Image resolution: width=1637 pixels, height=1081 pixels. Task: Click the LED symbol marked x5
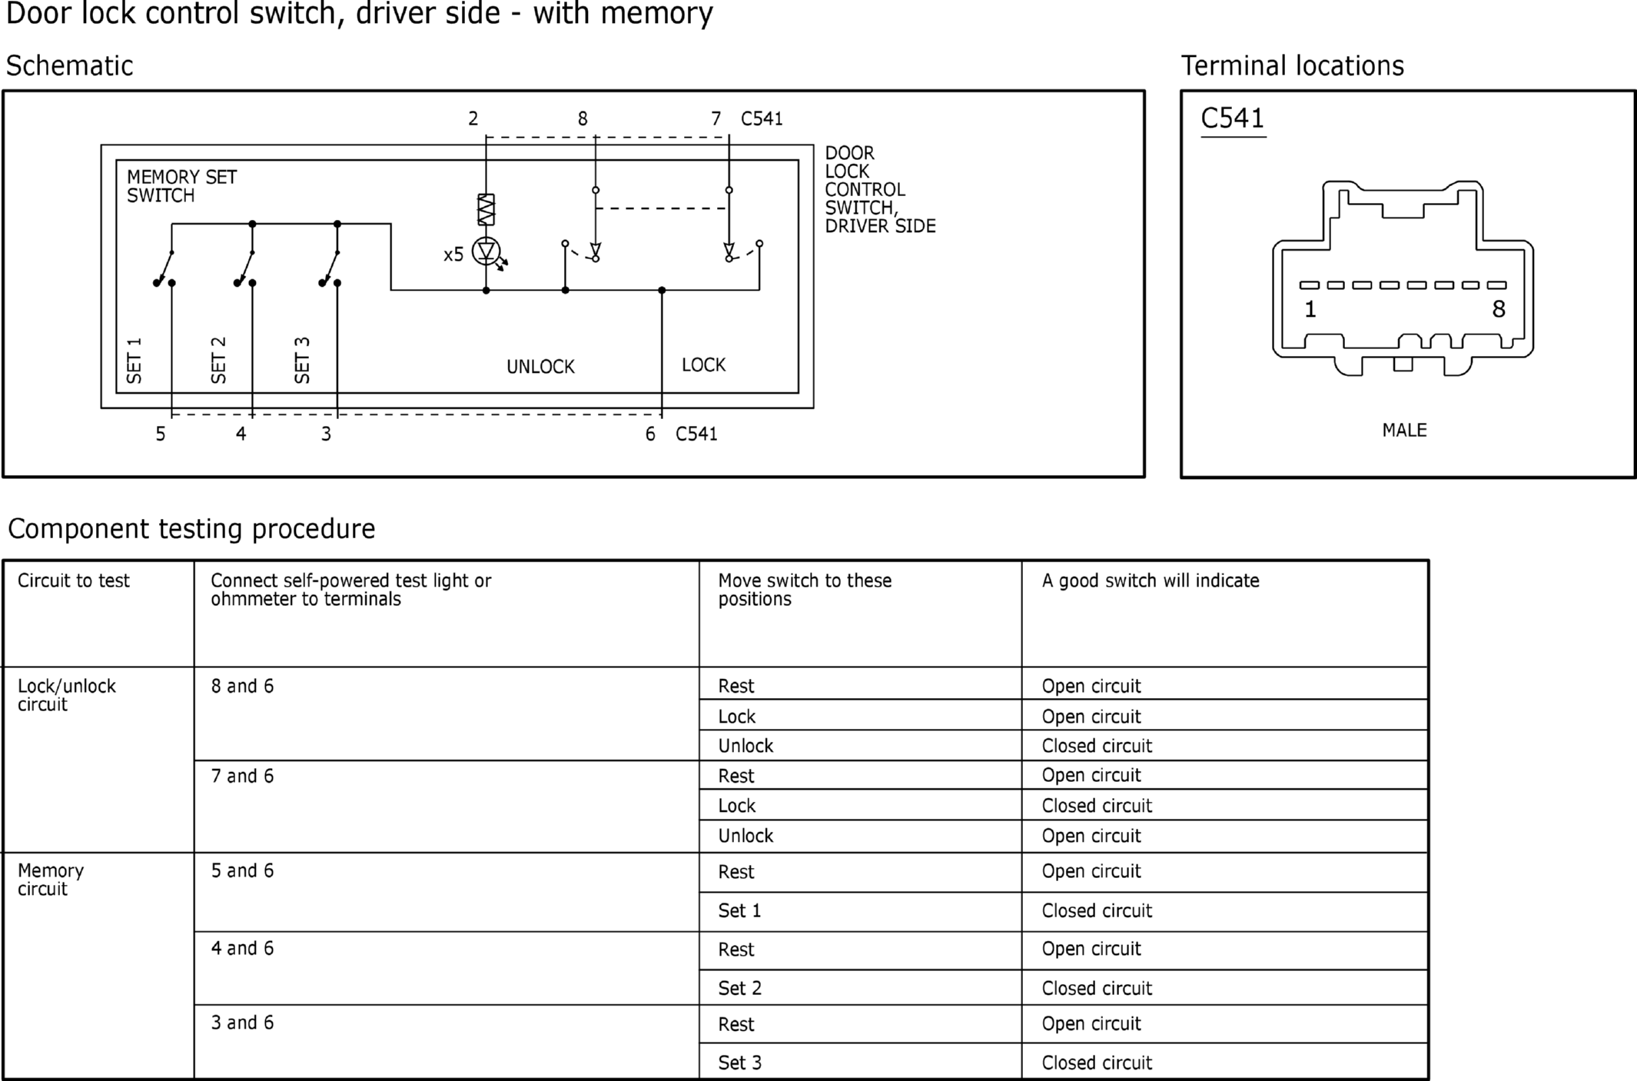coord(486,251)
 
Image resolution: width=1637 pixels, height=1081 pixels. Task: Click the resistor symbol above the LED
coord(486,209)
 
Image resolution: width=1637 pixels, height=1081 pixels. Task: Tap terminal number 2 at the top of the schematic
coord(473,118)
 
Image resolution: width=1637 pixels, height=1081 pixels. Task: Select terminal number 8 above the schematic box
coord(583,118)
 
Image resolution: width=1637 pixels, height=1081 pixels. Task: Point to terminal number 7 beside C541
coord(716,118)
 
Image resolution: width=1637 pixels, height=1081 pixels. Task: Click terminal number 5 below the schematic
coord(161,434)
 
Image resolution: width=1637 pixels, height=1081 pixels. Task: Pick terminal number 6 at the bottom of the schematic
coord(650,434)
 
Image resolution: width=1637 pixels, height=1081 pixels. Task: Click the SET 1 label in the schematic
coord(134,360)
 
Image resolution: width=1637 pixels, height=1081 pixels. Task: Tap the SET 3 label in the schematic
coord(302,360)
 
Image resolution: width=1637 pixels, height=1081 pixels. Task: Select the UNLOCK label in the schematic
coord(540,367)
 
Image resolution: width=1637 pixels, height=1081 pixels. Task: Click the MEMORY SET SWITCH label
coord(181,186)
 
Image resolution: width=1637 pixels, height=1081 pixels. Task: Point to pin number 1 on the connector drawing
coord(1310,309)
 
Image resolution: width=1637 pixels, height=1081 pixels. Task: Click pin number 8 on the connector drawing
coord(1499,309)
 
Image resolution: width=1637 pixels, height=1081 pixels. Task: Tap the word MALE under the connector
coord(1404,430)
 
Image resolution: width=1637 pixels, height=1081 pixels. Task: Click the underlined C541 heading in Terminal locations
coord(1232,118)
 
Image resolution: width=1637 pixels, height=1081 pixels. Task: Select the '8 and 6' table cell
coord(242,686)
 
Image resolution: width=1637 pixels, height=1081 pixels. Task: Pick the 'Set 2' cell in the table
coord(739,988)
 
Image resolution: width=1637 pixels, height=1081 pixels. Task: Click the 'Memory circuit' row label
coord(51,880)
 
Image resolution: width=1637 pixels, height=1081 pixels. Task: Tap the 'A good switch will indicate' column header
coord(1151,580)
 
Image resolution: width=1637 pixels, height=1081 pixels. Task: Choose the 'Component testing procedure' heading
coord(191,529)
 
